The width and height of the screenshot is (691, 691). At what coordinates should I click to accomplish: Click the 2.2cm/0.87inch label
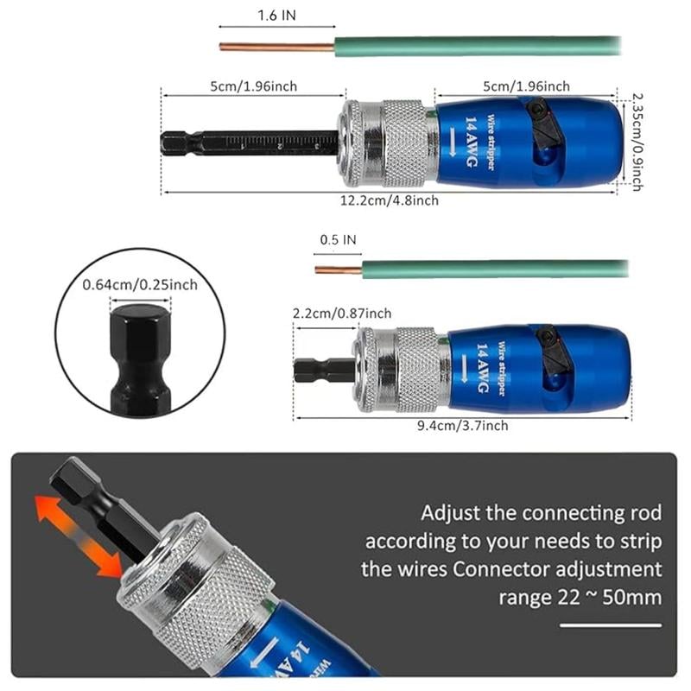[343, 313]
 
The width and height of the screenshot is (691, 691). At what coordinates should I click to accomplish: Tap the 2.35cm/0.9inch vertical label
[637, 143]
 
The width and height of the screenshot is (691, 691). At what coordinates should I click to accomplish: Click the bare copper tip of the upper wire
[276, 47]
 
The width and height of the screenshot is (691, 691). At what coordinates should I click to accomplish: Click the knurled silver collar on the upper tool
[403, 143]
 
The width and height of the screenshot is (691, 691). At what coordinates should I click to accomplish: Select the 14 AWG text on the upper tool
[472, 142]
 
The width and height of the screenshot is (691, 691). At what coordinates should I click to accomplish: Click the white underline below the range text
[610, 624]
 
